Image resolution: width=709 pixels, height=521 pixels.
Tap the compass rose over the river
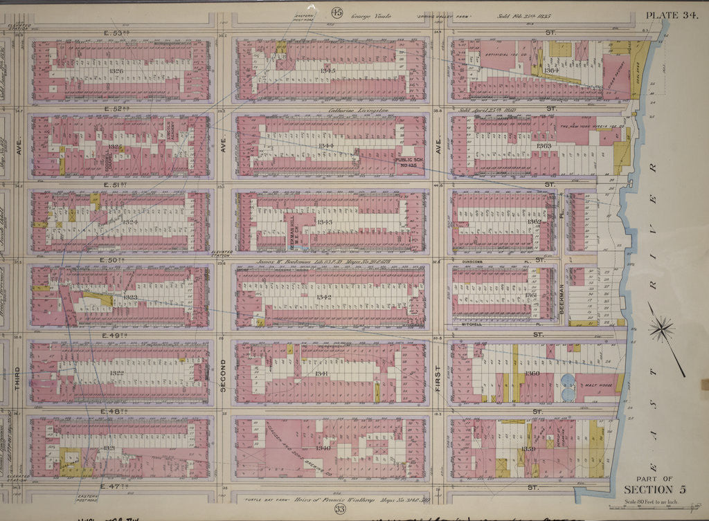(x=663, y=327)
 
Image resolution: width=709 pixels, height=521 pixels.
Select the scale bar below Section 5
(x=651, y=506)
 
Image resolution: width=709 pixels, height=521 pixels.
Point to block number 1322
(x=116, y=374)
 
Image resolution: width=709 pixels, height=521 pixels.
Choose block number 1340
(x=322, y=448)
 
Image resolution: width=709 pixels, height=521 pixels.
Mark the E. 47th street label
(x=114, y=486)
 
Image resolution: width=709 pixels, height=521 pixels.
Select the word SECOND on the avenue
(x=223, y=378)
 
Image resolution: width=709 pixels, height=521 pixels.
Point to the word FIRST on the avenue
(x=438, y=378)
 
